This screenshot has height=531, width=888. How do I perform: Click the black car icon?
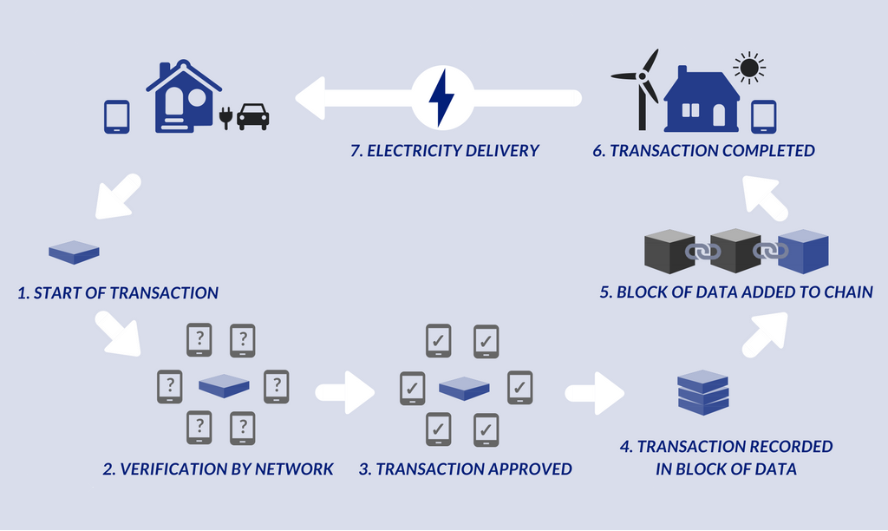pyautogui.click(x=252, y=116)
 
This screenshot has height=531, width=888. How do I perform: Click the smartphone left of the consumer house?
pyautogui.click(x=116, y=117)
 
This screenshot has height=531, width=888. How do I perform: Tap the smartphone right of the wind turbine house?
pyautogui.click(x=763, y=116)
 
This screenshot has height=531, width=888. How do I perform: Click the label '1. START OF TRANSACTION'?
pyautogui.click(x=118, y=293)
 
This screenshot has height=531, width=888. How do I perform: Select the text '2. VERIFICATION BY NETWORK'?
pyautogui.click(x=218, y=469)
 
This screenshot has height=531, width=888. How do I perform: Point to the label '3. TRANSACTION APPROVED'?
pyautogui.click(x=466, y=469)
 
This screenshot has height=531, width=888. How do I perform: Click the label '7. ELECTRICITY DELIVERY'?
pyautogui.click(x=445, y=151)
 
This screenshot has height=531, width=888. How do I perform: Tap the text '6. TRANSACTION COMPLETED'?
pyautogui.click(x=713, y=151)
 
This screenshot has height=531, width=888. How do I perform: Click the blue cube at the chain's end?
pyautogui.click(x=803, y=251)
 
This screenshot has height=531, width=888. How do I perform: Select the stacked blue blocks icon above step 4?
pyautogui.click(x=702, y=392)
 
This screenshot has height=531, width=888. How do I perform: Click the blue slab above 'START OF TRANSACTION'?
pyautogui.click(x=74, y=252)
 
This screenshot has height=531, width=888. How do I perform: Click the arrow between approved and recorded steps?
pyautogui.click(x=595, y=392)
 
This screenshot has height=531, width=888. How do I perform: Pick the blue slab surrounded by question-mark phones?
pyautogui.click(x=224, y=385)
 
